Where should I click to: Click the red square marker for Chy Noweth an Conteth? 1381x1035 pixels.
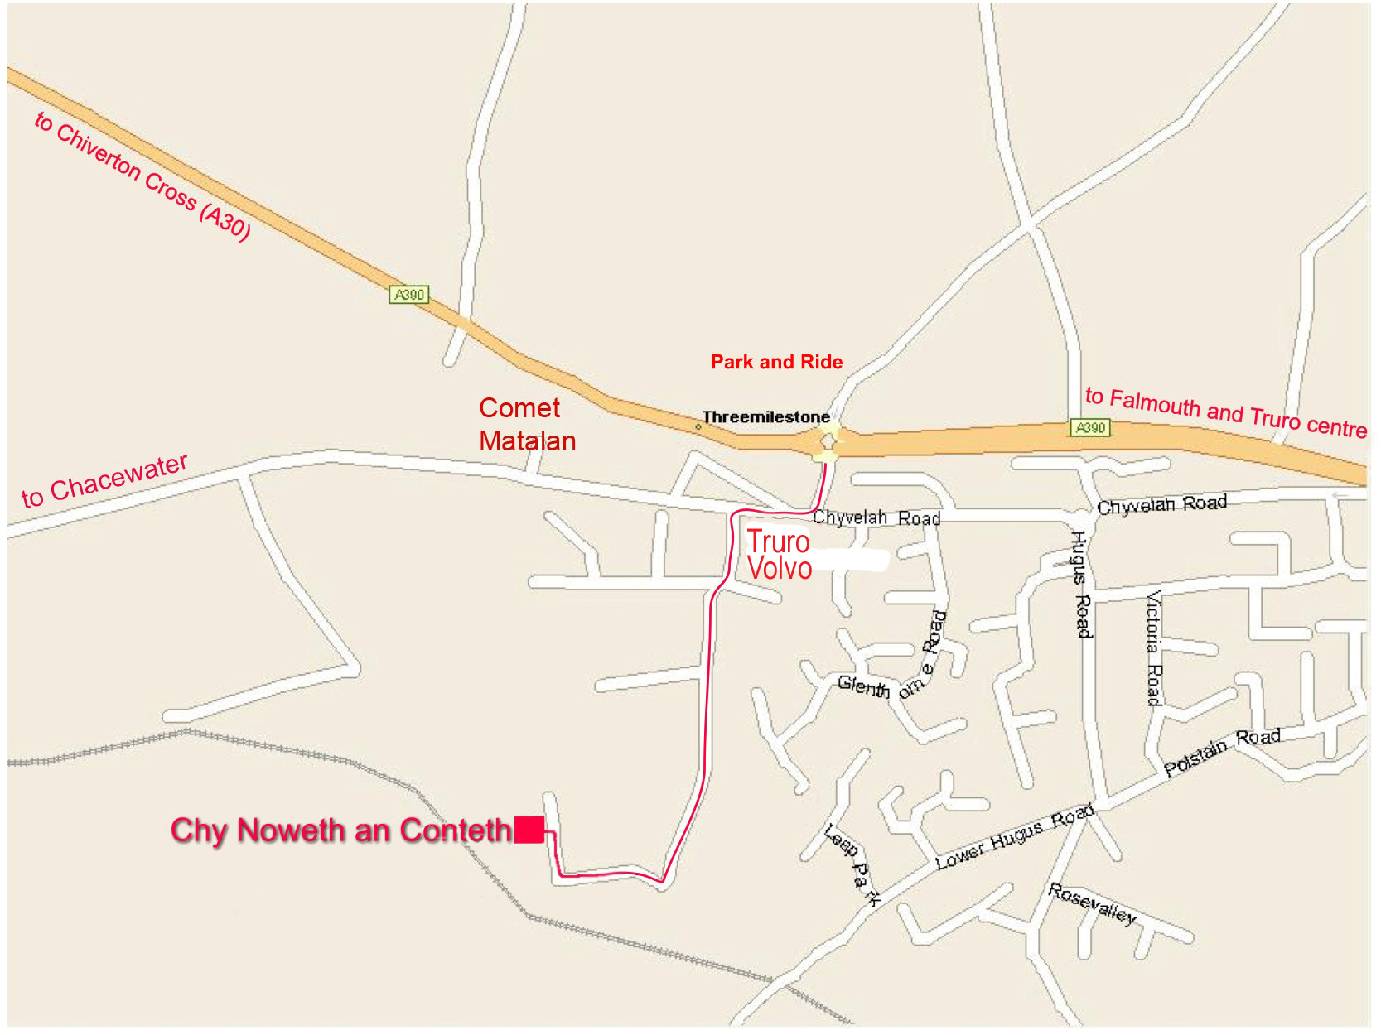click(529, 829)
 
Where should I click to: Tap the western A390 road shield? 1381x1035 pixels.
click(409, 294)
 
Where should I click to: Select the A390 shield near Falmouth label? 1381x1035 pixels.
click(1089, 427)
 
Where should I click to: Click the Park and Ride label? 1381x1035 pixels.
click(776, 362)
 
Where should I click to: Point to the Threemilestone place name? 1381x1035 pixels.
click(765, 416)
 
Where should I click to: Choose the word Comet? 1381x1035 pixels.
click(519, 407)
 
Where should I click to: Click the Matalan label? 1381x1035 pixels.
click(527, 440)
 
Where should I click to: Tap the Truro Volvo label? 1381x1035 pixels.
click(779, 555)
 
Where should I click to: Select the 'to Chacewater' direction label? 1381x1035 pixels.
click(104, 480)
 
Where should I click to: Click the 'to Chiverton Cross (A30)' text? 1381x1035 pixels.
click(142, 176)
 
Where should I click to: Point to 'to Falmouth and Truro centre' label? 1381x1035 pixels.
click(1226, 412)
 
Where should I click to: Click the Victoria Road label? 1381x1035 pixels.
click(1153, 647)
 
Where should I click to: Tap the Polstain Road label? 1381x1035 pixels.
click(1222, 750)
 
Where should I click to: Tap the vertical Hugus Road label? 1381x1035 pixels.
click(1080, 584)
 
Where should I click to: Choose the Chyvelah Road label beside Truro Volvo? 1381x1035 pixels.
click(876, 518)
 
